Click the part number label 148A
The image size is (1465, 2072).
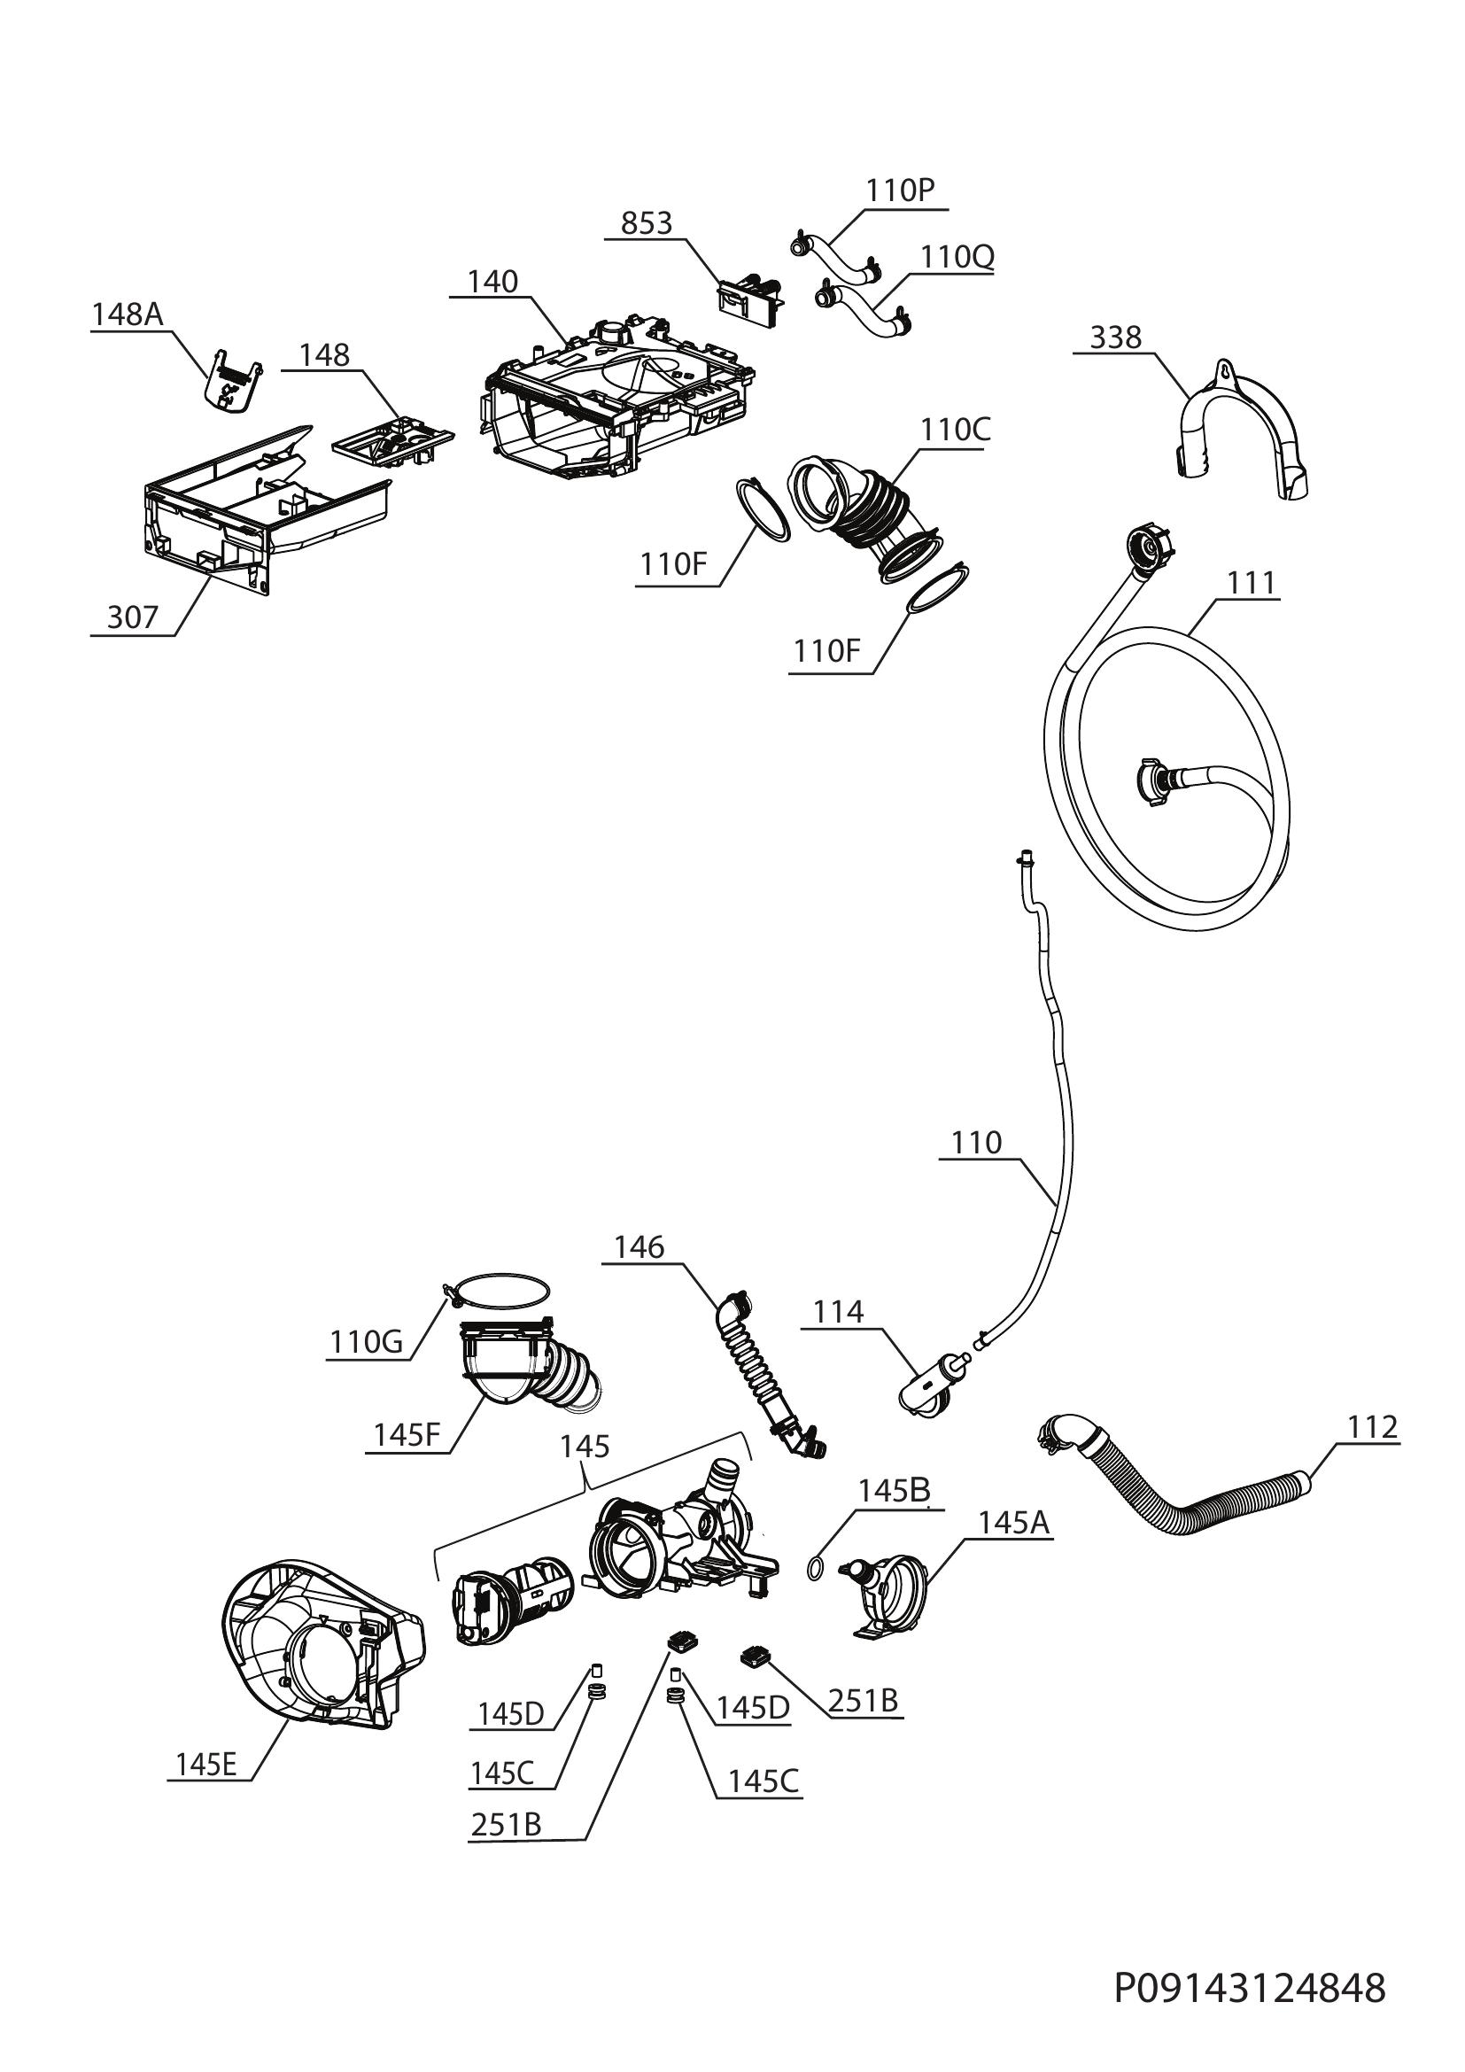[x=128, y=314]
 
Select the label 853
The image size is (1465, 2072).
[x=647, y=223]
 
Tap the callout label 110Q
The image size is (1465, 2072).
[x=957, y=257]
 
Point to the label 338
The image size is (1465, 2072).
[x=1116, y=338]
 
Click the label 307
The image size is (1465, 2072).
[x=133, y=617]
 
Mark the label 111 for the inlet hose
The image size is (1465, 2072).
[x=1252, y=584]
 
